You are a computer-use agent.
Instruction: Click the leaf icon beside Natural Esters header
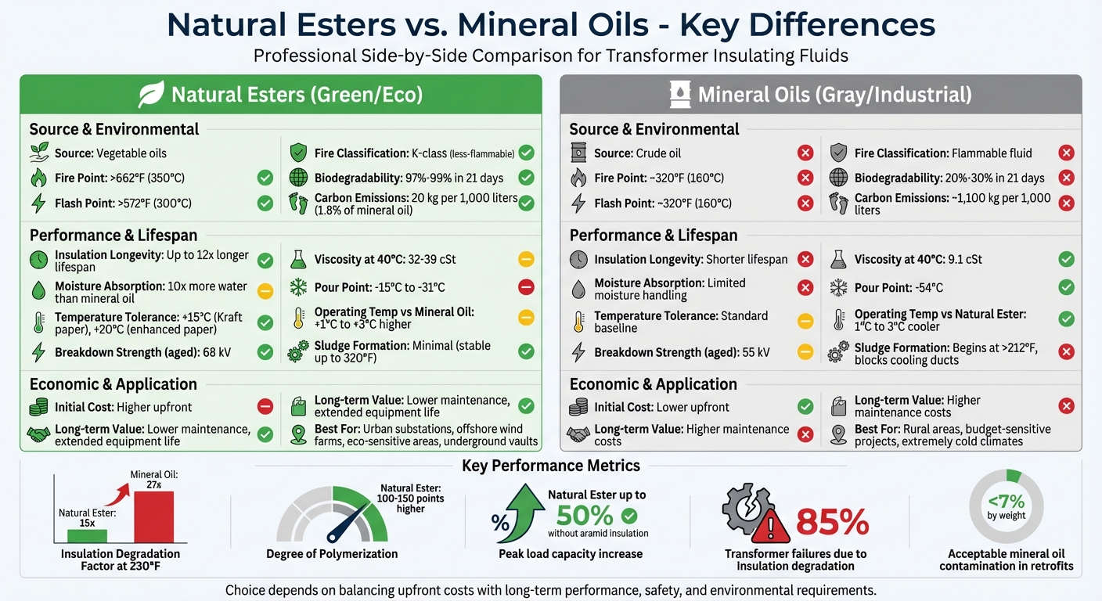click(151, 95)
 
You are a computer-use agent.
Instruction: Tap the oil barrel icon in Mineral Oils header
click(679, 95)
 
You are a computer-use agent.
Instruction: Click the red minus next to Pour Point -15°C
click(526, 287)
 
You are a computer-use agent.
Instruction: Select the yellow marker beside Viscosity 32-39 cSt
click(526, 259)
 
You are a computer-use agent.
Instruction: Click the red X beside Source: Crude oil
click(805, 153)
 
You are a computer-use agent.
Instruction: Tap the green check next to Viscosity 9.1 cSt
click(1066, 259)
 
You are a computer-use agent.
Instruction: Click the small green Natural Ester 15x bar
click(87, 536)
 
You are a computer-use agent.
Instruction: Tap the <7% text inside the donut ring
click(1006, 502)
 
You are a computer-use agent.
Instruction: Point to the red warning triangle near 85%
click(771, 526)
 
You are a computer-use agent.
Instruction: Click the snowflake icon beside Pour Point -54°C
click(838, 287)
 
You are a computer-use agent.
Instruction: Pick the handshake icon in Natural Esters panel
click(38, 435)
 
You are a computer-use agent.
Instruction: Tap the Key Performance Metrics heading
click(551, 466)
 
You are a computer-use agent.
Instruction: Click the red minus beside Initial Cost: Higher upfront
click(265, 407)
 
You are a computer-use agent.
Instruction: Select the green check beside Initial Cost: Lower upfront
click(805, 407)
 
